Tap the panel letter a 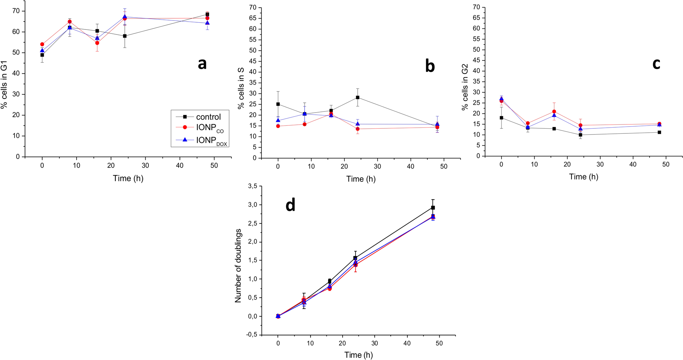[202, 64]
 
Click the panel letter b [430, 66]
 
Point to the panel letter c [656, 64]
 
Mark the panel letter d [290, 205]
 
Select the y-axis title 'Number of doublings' [238, 265]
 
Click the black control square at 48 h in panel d [433, 208]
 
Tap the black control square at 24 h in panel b [357, 97]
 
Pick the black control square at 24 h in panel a [125, 36]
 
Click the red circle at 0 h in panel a [42, 45]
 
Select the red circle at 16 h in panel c [554, 111]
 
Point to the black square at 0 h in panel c [501, 118]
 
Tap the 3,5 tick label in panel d [253, 186]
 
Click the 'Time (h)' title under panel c [583, 177]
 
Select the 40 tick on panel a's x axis [180, 165]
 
